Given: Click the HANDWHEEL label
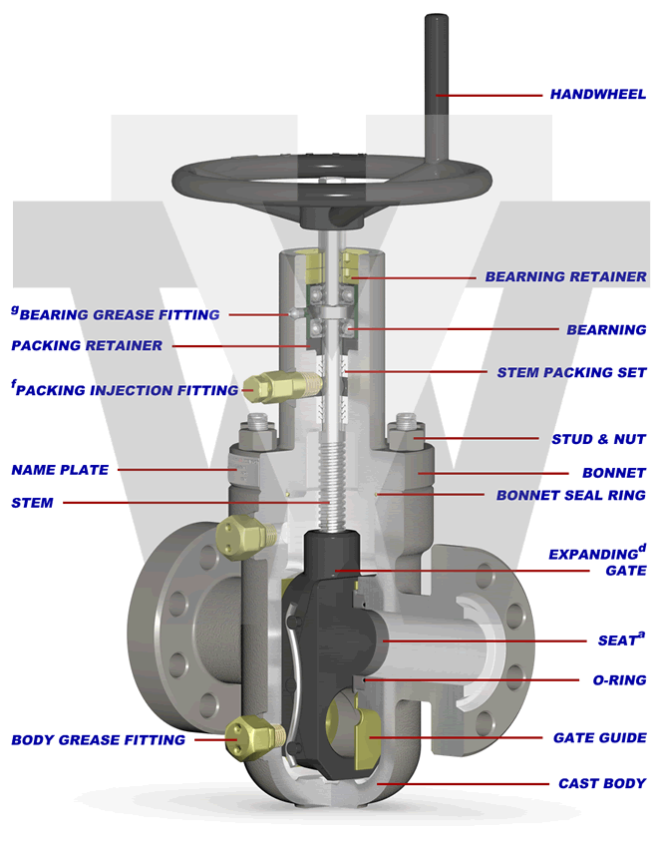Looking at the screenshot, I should (597, 95).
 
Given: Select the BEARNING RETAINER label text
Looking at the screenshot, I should (565, 276).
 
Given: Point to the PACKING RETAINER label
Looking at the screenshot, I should (87, 346).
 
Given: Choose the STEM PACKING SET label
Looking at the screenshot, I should (571, 372).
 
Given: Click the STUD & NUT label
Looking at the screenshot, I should (598, 439).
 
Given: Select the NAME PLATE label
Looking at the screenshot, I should (60, 470).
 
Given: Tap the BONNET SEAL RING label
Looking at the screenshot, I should (570, 495).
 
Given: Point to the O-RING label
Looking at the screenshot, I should (613, 680).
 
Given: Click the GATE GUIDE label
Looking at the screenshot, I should (599, 738).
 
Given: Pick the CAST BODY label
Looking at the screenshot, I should (601, 784).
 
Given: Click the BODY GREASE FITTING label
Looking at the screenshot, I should (98, 740).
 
